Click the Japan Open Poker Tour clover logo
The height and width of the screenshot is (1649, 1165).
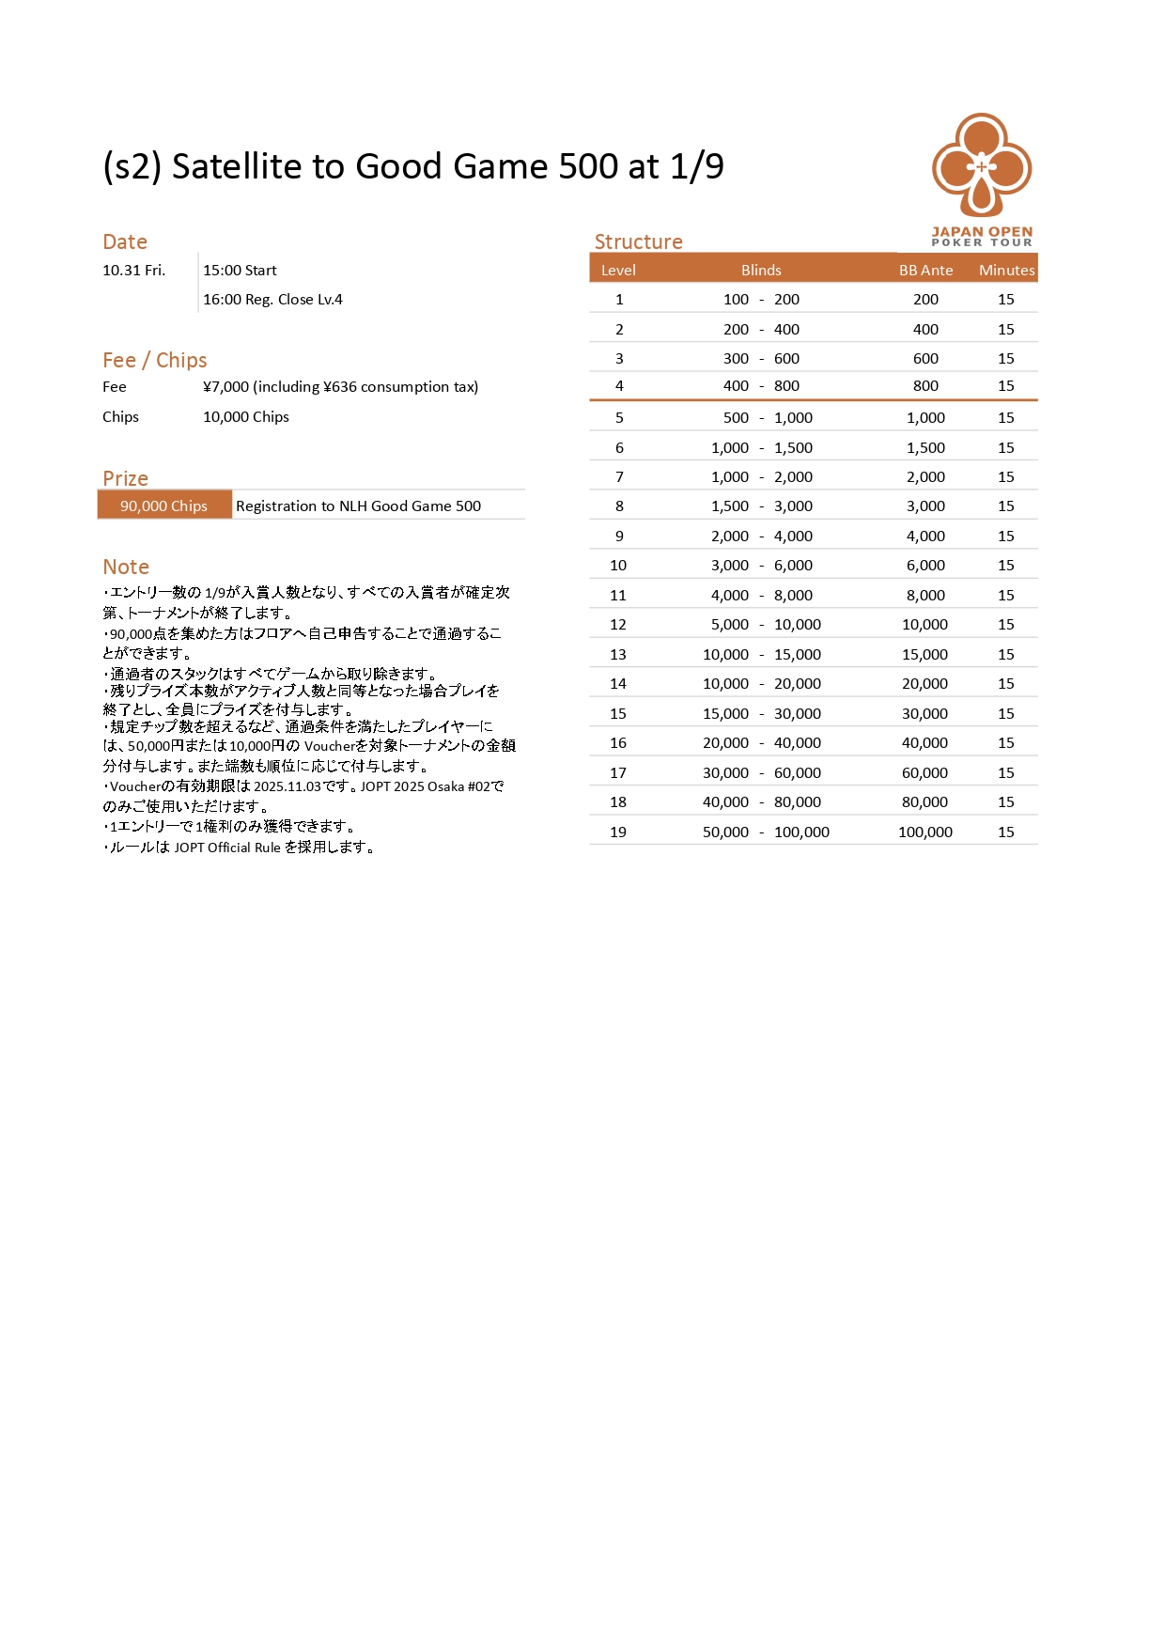tap(982, 167)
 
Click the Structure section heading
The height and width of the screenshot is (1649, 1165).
tap(638, 241)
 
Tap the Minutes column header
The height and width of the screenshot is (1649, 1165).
tap(1006, 270)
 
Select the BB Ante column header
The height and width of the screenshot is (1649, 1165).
tap(925, 270)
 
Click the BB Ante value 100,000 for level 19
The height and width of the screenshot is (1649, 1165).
tap(924, 832)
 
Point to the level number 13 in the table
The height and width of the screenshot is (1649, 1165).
tap(618, 654)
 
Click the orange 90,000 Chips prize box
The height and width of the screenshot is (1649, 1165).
tap(164, 506)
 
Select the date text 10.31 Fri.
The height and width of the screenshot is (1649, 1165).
tap(133, 270)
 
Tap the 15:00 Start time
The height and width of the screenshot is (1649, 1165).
tap(240, 270)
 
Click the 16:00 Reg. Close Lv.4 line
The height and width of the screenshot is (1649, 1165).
tap(272, 299)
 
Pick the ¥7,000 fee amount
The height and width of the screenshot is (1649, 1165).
tap(226, 386)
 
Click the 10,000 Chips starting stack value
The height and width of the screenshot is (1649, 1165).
tap(246, 416)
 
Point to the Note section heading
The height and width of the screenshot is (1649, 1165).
tap(126, 567)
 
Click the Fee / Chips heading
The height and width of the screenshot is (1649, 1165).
tap(155, 360)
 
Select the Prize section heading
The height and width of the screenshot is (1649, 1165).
tap(125, 478)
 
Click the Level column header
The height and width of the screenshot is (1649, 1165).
tap(618, 270)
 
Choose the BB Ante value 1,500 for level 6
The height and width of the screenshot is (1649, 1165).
tap(924, 447)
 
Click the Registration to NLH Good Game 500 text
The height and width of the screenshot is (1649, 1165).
tap(358, 506)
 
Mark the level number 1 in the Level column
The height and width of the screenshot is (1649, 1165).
tap(619, 299)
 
